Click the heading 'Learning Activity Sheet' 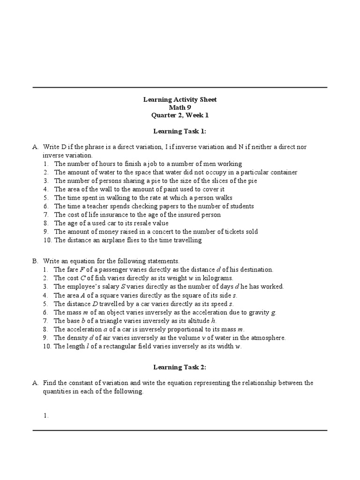point(180,100)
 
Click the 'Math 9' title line point(180,108)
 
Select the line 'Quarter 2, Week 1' point(180,116)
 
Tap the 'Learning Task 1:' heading point(180,132)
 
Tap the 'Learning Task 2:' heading point(180,366)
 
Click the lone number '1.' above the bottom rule point(46,415)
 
